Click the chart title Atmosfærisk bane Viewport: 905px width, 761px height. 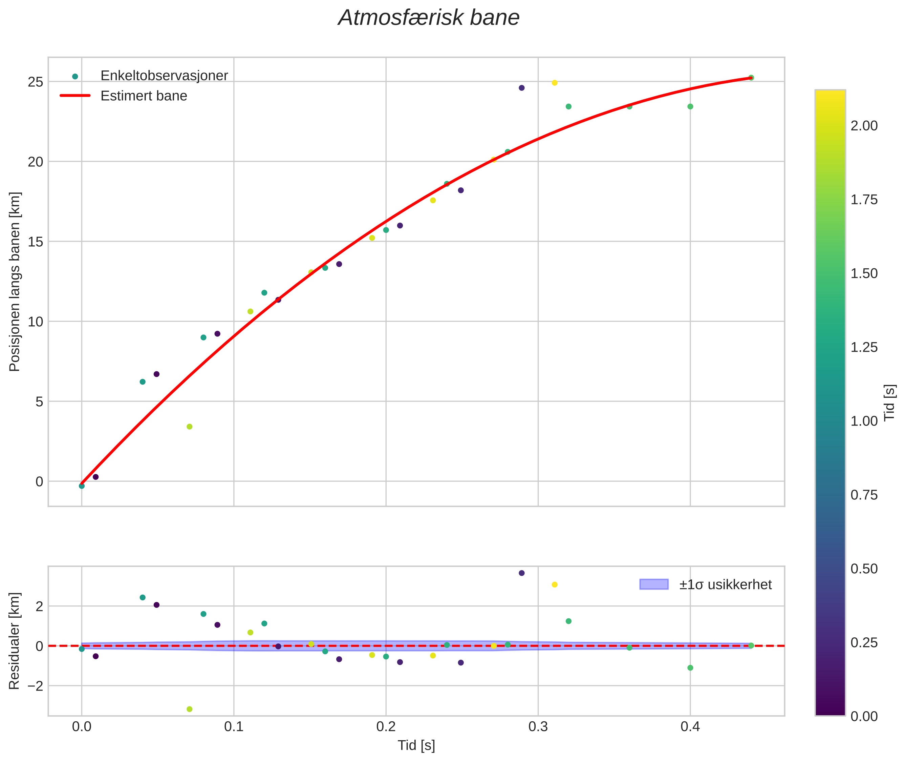pos(429,18)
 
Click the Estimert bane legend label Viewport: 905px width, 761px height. pos(144,96)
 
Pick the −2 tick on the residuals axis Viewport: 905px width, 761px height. pos(33,685)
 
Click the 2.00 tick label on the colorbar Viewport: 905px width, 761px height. pos(864,126)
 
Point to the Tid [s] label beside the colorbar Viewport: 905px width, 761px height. pos(890,403)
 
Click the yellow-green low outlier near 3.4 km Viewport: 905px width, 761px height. pos(189,427)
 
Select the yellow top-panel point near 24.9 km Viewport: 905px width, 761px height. pos(555,83)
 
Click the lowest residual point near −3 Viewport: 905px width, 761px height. pos(189,709)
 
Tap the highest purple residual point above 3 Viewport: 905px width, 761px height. pos(521,573)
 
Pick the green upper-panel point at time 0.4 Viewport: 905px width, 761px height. pos(690,106)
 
